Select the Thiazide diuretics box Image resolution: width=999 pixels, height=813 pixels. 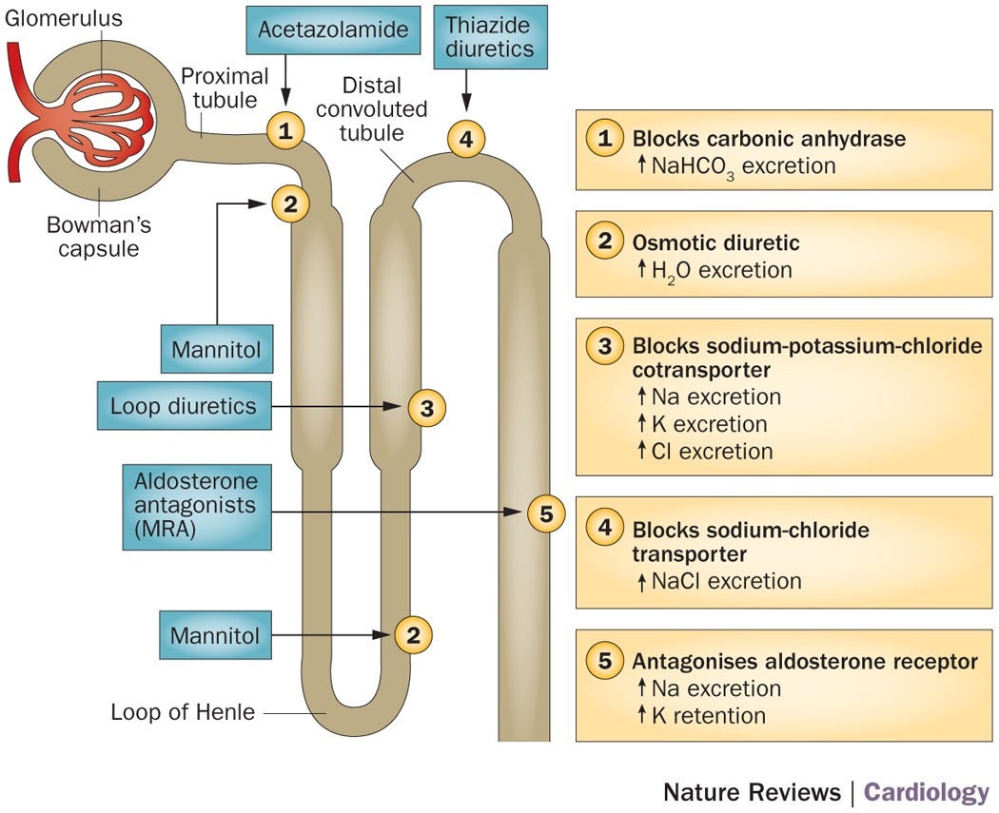490,36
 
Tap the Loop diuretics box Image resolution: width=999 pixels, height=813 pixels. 184,407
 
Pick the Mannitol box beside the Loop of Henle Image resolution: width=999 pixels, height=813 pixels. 215,635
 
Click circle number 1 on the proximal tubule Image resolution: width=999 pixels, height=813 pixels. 284,130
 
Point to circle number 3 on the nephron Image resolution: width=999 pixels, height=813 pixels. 426,408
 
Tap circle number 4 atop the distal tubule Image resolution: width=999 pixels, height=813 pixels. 465,140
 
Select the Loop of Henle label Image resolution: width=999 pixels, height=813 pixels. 183,711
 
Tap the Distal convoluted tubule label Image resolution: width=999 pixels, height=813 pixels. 372,109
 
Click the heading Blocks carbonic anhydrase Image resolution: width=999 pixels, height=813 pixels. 769,139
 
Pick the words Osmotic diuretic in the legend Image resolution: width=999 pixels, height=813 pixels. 715,242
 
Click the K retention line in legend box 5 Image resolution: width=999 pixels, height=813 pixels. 708,714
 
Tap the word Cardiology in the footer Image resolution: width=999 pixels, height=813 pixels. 926,792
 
